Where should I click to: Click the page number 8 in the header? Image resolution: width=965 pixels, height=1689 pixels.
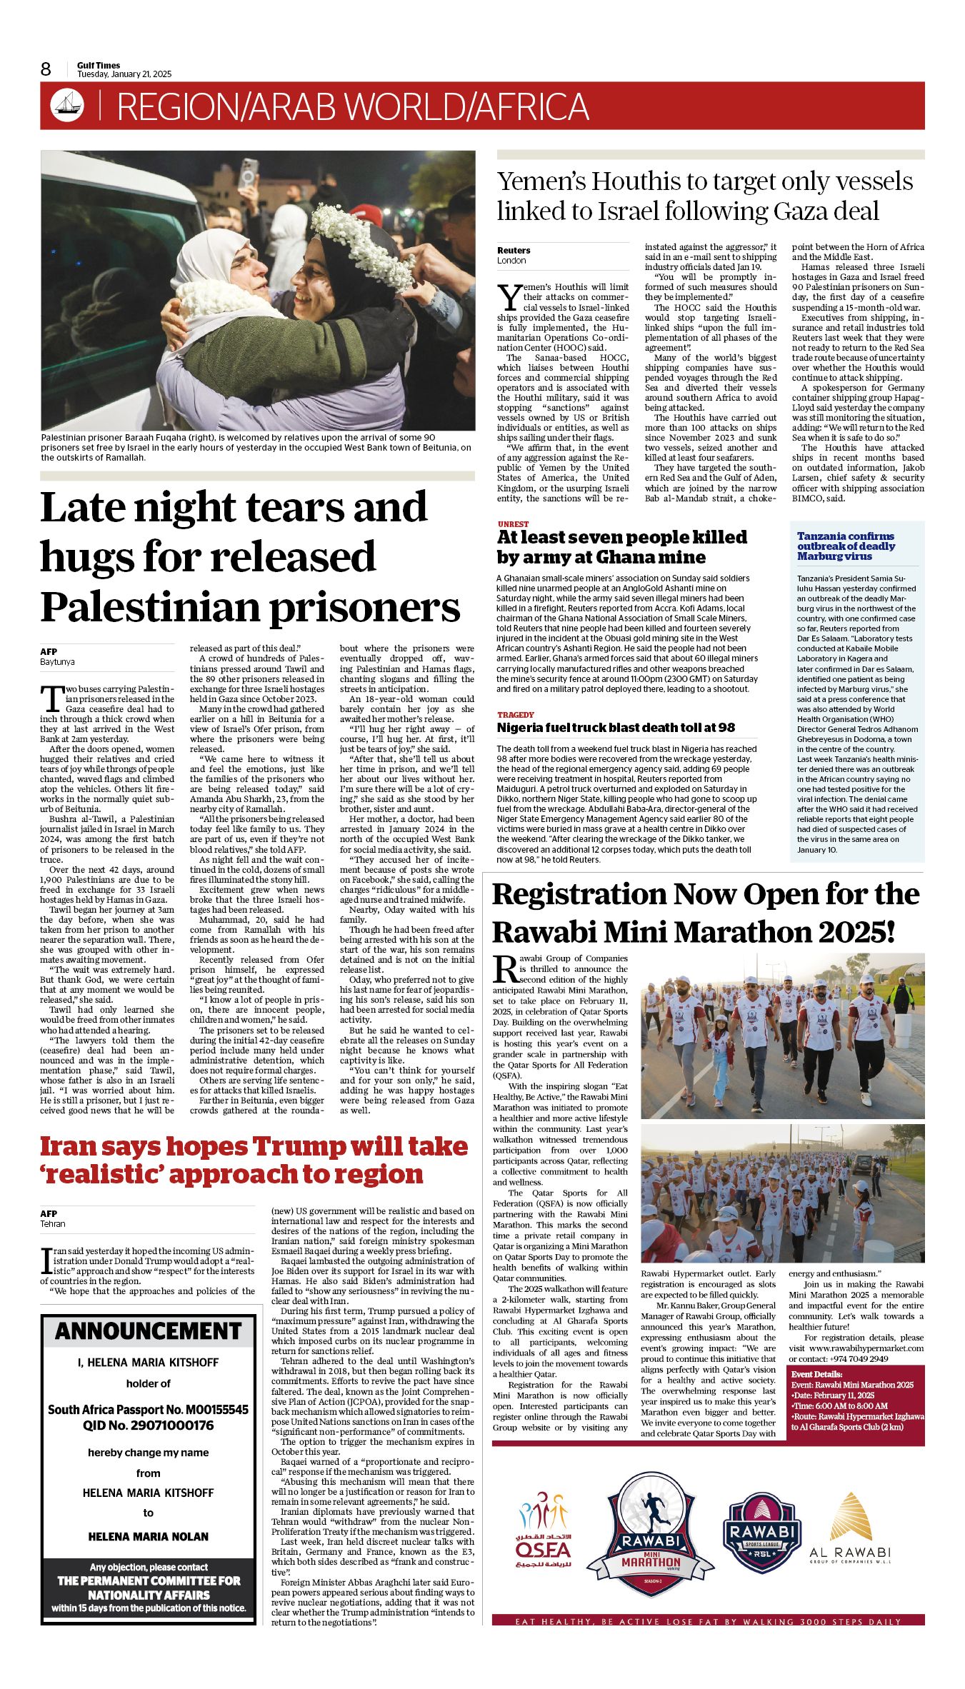(46, 69)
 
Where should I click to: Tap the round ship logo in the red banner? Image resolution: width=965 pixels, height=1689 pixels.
(67, 106)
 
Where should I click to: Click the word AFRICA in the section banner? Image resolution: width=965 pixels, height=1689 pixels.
(532, 106)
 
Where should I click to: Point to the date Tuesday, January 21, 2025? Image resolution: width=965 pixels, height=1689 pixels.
(124, 74)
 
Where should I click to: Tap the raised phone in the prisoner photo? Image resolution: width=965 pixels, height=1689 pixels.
(249, 172)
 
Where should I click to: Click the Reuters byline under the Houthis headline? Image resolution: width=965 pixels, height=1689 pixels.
(514, 251)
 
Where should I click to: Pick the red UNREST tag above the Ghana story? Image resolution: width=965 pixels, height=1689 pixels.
(513, 524)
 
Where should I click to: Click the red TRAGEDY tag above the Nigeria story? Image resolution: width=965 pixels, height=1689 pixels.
(516, 715)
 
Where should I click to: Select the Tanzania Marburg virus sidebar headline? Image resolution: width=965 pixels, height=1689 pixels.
(846, 546)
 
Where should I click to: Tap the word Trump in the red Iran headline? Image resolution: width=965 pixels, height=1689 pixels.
(301, 1146)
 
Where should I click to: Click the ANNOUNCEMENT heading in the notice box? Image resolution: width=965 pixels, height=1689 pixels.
(149, 1331)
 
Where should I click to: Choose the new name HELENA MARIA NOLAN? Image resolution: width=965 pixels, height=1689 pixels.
(149, 1536)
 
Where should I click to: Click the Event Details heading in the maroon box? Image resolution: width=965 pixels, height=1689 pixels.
(816, 1374)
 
